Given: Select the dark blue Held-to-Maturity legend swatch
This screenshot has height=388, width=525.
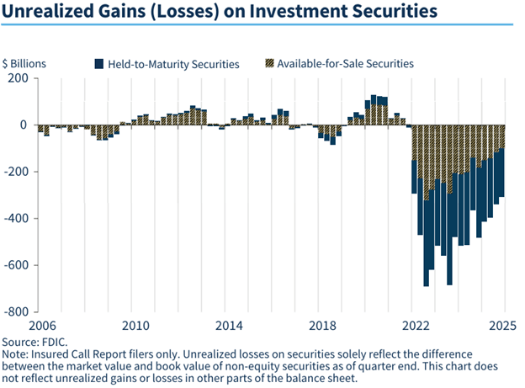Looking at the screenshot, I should [98, 63].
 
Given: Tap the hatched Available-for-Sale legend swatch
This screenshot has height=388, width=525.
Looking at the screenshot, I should [270, 63].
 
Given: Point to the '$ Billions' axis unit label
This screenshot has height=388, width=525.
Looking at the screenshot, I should [25, 63].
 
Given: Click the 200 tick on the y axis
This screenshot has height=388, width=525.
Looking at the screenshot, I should [18, 78].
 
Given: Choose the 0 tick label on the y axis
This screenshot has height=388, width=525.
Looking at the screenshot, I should [24, 125].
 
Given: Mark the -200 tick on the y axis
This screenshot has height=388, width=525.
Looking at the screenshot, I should [16, 172].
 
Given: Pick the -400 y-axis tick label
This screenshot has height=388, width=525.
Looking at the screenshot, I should [16, 219].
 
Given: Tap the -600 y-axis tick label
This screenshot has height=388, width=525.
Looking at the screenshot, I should [16, 265].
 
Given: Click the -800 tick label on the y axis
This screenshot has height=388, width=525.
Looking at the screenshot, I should [16, 311].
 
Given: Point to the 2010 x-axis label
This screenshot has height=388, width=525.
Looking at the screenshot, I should [135, 325].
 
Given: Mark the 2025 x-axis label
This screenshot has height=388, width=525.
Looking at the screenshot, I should [503, 325].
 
